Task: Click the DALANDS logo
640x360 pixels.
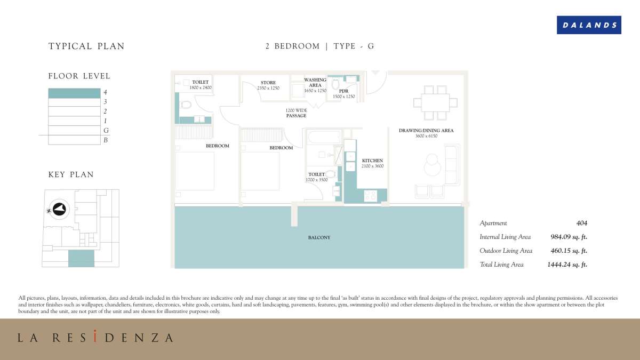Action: pos(589,25)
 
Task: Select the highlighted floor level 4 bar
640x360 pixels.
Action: pos(74,93)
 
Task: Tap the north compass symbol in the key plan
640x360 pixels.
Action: pos(59,209)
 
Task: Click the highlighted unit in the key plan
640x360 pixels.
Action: pos(81,259)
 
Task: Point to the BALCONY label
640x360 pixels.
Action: pos(319,237)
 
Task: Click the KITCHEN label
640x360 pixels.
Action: pos(372,161)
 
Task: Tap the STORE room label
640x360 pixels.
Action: pos(268,83)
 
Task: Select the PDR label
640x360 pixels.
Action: pos(343,91)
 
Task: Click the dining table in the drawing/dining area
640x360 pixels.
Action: pos(435,102)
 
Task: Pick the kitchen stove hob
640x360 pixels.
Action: pos(371,196)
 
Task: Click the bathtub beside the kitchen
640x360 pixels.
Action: pos(324,137)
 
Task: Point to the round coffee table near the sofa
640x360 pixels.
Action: pos(433,165)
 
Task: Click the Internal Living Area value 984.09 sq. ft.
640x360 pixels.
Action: pos(569,237)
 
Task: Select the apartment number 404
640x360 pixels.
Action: pos(582,223)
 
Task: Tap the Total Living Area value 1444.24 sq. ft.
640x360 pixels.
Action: pos(567,265)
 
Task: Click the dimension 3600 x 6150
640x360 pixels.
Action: pos(426,136)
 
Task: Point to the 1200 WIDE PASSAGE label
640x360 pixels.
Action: pos(297,113)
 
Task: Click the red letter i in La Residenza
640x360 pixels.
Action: pos(95,336)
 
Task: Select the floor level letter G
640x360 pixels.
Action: pos(106,131)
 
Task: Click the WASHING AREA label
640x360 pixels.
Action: pos(315,83)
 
